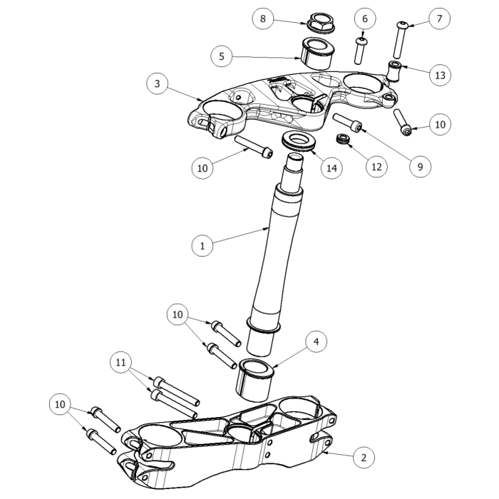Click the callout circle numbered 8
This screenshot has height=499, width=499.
click(x=262, y=19)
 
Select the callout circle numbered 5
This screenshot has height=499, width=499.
click(x=222, y=54)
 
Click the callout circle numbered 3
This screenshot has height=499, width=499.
click(x=158, y=84)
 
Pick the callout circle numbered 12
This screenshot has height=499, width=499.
click(x=376, y=167)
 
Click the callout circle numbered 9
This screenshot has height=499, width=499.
click(x=420, y=168)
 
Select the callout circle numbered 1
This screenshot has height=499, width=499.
click(x=202, y=246)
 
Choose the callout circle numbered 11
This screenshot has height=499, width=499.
click(x=121, y=364)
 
